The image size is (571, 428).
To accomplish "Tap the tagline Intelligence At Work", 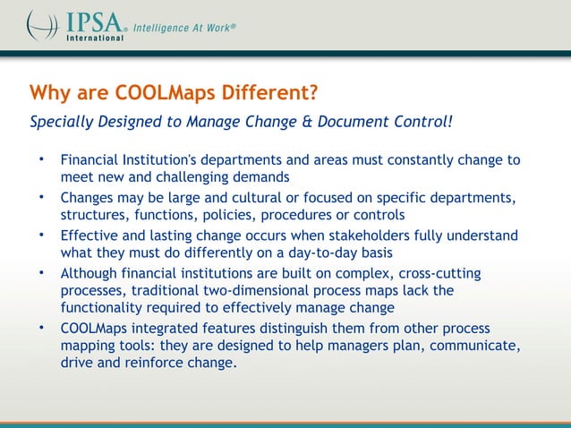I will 184,28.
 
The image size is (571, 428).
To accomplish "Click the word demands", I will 262,177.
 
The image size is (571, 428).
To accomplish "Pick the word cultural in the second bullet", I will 253,197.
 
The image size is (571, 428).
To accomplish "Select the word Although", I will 91,273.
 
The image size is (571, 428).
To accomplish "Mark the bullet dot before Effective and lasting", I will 41,234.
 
